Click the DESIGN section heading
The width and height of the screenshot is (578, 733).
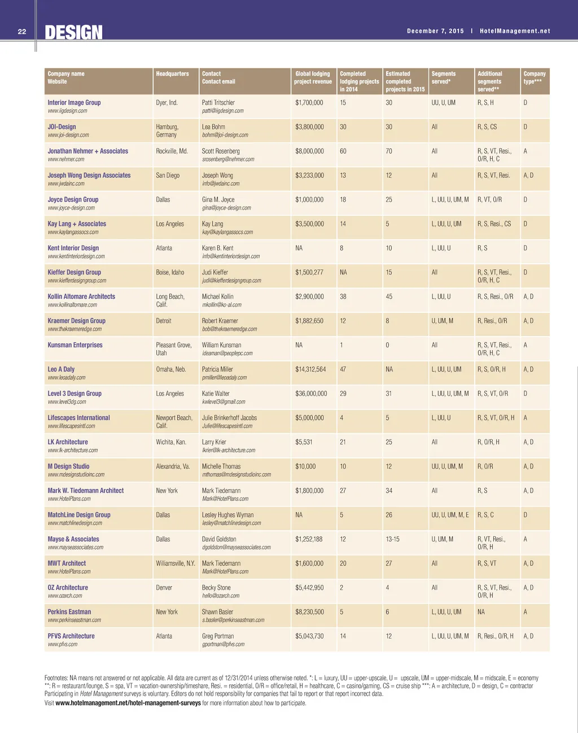73,33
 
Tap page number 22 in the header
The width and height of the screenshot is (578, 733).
22,32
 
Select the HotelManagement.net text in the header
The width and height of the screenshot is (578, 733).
515,31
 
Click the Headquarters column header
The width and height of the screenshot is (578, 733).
172,74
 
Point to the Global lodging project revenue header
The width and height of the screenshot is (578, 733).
313,77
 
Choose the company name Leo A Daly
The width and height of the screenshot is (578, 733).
61,369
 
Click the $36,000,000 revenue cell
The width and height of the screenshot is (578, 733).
311,394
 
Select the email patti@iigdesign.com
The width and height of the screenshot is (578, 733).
222,111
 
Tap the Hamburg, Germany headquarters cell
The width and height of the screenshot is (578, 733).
167,130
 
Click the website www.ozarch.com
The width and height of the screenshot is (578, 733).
65,596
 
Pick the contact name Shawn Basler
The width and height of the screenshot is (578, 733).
217,612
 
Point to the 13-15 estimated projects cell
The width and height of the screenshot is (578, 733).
393,539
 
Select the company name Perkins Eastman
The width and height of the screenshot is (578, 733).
69,612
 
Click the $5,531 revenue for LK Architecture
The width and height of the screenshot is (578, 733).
304,442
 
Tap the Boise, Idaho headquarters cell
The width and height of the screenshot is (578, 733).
170,272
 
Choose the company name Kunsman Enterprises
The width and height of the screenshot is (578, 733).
75,345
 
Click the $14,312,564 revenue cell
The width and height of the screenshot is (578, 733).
310,369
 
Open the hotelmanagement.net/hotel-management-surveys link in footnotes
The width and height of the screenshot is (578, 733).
128,703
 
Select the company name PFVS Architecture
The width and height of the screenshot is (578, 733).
71,636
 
